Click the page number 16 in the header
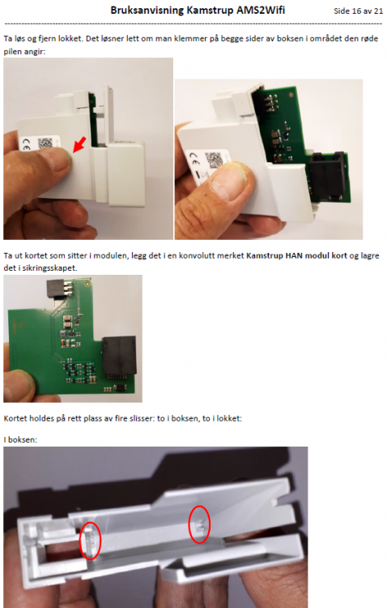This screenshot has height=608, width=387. [356, 11]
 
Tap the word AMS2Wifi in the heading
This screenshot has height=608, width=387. [261, 10]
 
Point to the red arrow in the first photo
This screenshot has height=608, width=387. [80, 144]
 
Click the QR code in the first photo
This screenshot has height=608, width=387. [45, 143]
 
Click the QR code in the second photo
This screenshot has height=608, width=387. [215, 161]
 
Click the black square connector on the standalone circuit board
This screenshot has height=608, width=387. [119, 356]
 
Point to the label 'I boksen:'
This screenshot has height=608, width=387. [20, 439]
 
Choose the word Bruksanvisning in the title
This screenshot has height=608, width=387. [147, 11]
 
